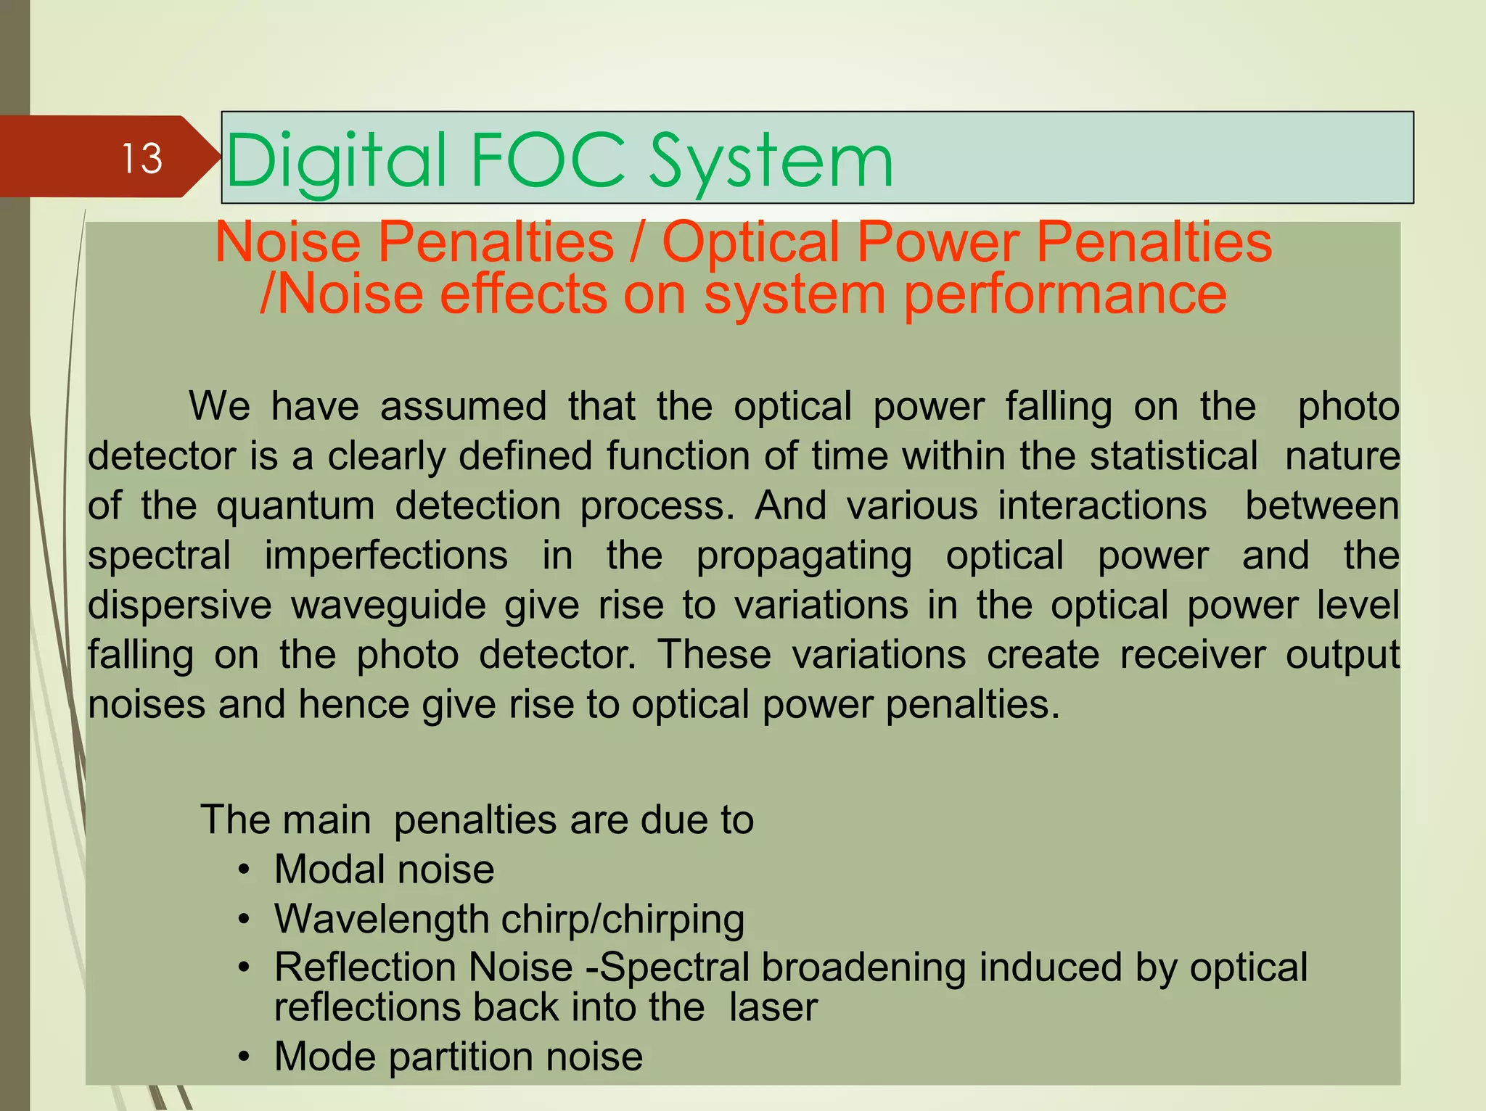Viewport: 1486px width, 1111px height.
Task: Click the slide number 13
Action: tap(141, 158)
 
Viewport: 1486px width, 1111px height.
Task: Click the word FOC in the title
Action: tap(547, 160)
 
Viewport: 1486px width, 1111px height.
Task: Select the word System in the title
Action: tap(771, 160)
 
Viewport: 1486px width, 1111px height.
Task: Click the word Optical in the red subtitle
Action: tap(750, 242)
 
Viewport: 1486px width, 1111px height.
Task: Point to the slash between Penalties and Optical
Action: tap(637, 242)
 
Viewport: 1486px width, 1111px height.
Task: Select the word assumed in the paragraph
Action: tap(463, 406)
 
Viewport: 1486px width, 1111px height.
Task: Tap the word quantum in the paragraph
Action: tap(295, 505)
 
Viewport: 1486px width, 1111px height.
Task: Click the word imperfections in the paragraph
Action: tap(386, 555)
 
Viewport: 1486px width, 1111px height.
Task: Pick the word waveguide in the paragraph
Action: tap(388, 605)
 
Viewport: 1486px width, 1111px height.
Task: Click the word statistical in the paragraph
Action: tap(1173, 456)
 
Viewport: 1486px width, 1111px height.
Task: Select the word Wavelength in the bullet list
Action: tap(382, 920)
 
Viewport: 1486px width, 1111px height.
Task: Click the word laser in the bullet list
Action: tap(773, 1007)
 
